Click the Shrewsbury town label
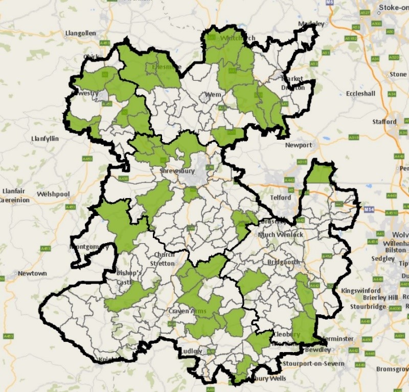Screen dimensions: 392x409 point(177,171)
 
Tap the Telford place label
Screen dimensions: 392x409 point(281,198)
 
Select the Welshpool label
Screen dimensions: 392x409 point(53,194)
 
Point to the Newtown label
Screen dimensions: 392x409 point(32,273)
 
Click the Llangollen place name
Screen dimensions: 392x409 point(81,33)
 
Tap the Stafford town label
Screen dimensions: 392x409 point(384,122)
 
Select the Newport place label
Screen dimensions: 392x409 point(299,145)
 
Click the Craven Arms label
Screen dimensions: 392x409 point(186,312)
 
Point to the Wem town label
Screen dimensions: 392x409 point(213,95)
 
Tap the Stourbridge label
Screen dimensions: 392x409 point(368,307)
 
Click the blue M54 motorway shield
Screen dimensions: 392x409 point(370,210)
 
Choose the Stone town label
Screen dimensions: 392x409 point(398,74)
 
